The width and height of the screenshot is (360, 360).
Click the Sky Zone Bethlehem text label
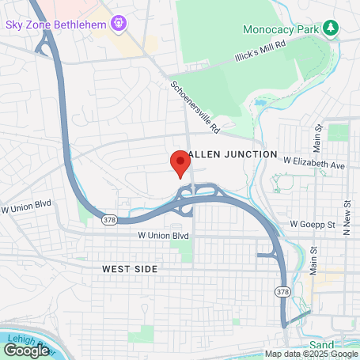click(55, 25)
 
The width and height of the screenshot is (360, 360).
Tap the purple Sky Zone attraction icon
click(118, 24)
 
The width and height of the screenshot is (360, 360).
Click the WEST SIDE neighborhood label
click(130, 269)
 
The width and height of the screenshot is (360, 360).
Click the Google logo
click(26, 349)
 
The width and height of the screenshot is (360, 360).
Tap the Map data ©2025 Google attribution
click(311, 354)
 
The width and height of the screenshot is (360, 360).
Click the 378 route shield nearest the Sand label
click(282, 292)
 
